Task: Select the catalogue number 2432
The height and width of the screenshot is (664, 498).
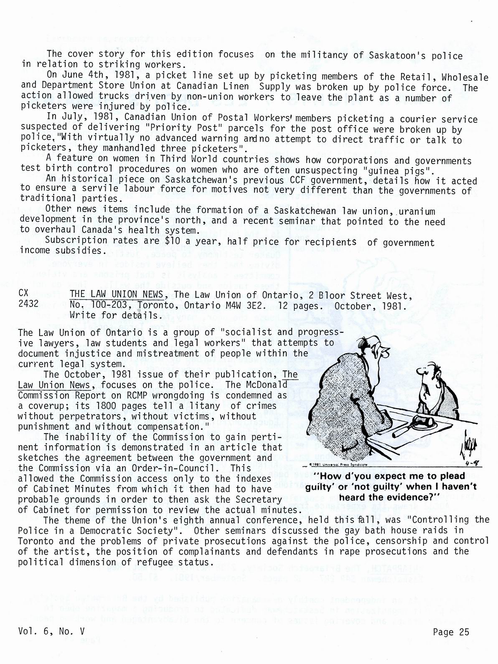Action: click(28, 304)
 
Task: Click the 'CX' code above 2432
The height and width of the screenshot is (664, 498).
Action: click(24, 294)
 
